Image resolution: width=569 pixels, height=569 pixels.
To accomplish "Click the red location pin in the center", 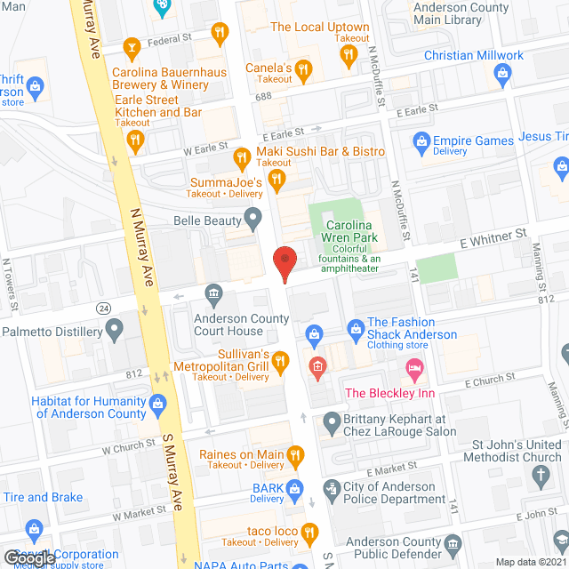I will pos(284,263).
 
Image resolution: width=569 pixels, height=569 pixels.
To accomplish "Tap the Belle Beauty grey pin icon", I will pos(253,218).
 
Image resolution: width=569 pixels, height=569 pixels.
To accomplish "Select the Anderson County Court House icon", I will pos(213,293).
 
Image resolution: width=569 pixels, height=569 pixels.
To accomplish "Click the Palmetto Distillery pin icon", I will pos(113,331).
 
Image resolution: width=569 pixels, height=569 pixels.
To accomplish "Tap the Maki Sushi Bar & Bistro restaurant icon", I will pos(241,157).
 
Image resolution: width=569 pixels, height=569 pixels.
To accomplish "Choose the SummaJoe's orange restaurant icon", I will pos(276,180).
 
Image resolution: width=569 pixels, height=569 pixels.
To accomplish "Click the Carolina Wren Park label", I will pos(351,231).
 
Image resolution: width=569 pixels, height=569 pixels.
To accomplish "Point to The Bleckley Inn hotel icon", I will pos(413,367).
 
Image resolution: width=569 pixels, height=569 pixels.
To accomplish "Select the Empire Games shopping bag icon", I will pos(421,140).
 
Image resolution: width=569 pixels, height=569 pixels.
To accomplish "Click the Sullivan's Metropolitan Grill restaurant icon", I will pos(280,360).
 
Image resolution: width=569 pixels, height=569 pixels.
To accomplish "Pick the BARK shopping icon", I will pos(296,488).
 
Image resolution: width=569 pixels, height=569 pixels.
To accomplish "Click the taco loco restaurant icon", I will pos(309,533).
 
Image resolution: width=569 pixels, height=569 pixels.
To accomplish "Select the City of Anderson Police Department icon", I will pos(332,487).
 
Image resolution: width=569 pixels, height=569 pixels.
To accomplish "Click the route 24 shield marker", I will pos(104,307).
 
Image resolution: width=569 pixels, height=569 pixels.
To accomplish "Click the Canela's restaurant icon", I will pos(304,68).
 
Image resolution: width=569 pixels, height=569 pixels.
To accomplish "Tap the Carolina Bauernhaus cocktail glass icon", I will pos(132,47).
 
